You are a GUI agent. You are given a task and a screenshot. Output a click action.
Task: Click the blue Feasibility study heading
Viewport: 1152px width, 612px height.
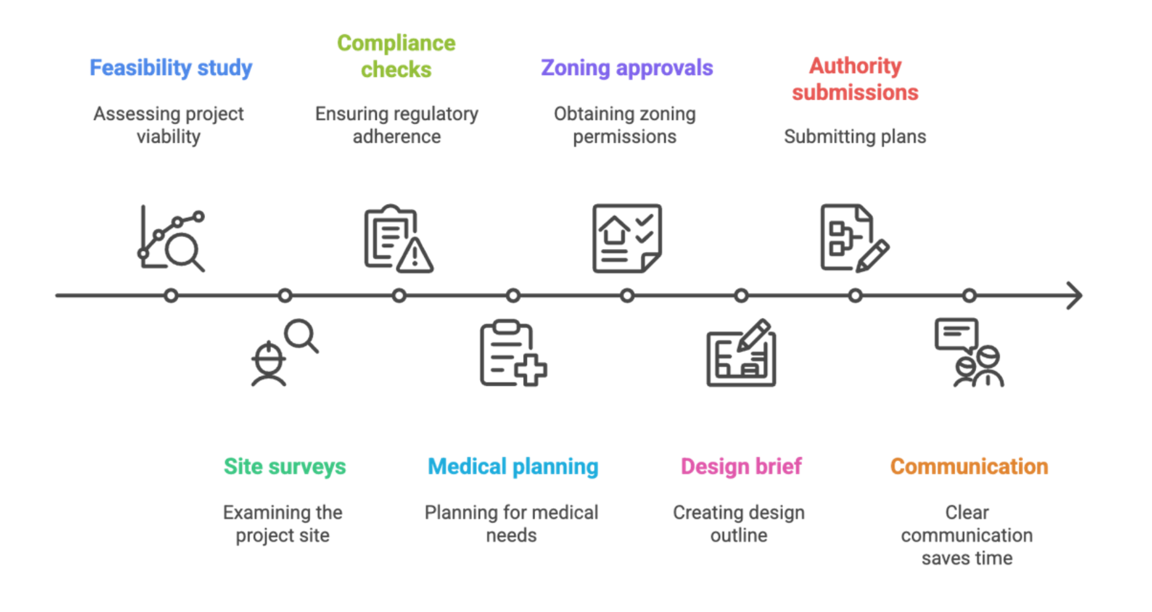(170, 68)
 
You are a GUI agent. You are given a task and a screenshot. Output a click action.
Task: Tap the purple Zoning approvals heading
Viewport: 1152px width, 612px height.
(627, 68)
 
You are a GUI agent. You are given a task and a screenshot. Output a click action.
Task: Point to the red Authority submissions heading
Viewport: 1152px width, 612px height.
(855, 79)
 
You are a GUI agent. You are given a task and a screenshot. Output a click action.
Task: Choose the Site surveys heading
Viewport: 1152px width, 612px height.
(285, 466)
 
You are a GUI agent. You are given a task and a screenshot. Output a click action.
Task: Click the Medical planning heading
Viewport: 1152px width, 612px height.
(514, 466)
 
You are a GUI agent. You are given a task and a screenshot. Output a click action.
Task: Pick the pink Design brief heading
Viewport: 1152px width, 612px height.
(741, 466)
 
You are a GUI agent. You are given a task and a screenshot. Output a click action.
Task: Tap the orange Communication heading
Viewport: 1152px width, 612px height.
(969, 466)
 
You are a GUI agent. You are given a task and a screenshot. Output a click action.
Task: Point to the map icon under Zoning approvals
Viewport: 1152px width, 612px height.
(628, 239)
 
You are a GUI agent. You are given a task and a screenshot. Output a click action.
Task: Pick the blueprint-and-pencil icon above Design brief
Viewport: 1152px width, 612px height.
(742, 354)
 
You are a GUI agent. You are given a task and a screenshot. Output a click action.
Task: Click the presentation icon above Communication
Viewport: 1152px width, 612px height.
(968, 354)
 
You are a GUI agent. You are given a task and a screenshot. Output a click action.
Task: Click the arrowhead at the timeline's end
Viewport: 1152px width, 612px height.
(1077, 296)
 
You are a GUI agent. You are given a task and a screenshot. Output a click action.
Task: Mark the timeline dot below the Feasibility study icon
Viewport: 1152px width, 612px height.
(172, 296)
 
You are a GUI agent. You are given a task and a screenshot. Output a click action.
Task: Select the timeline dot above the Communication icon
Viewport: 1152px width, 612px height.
(970, 296)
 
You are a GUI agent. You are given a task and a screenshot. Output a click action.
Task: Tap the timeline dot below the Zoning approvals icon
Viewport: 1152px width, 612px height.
(628, 296)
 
